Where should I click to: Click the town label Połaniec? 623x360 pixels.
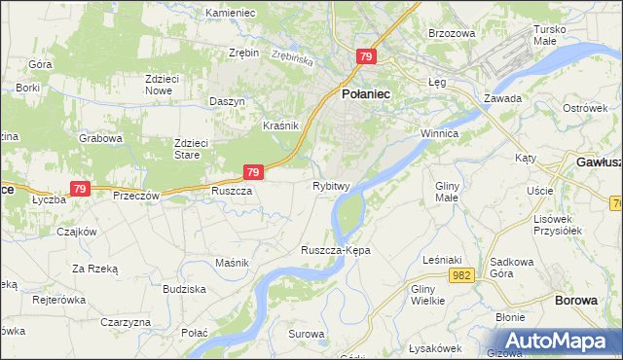(365, 93)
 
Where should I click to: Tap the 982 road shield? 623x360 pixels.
(462, 276)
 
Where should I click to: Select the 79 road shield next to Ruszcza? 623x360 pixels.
(252, 172)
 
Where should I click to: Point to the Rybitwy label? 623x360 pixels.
(331, 186)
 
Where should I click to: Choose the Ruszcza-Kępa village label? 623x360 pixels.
(336, 250)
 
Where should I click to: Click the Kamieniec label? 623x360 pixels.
(230, 13)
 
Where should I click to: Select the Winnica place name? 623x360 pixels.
(439, 131)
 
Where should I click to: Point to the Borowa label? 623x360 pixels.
(575, 301)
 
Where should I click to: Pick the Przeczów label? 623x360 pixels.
(135, 194)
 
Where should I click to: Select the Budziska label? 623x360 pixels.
(184, 289)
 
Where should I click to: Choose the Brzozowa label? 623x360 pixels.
(452, 33)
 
